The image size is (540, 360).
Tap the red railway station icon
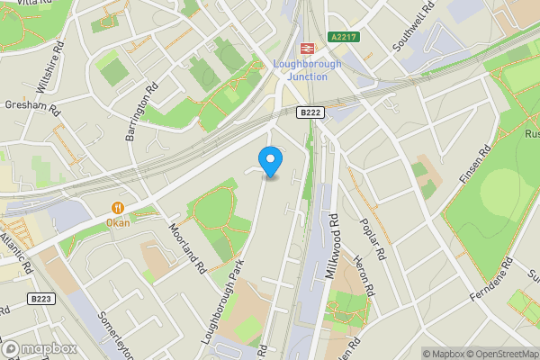click(x=307, y=49)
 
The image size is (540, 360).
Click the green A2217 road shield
click(x=346, y=37)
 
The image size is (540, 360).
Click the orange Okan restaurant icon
click(x=117, y=207)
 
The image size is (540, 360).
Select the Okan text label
click(x=117, y=222)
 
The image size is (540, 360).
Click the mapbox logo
click(x=40, y=348)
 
